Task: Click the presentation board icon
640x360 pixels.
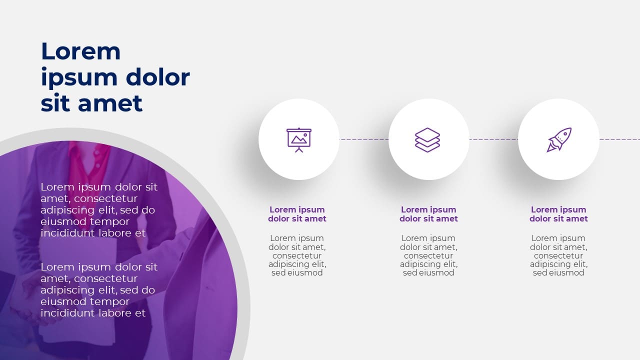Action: (298, 139)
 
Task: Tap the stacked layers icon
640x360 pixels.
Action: (427, 139)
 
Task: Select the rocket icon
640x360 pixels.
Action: (559, 139)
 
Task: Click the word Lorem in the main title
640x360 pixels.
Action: (80, 51)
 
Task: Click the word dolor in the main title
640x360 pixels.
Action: (157, 77)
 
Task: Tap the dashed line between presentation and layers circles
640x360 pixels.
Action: (364, 139)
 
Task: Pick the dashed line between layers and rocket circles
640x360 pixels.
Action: (493, 139)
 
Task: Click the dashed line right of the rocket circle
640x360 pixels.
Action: (620, 139)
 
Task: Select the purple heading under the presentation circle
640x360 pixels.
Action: (297, 214)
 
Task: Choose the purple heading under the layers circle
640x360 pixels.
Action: (428, 214)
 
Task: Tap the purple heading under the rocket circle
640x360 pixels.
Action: (558, 214)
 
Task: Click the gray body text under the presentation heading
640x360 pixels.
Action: (297, 255)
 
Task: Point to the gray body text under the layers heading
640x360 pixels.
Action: (428, 255)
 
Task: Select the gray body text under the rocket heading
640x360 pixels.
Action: (558, 255)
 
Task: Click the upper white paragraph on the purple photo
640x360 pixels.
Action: (98, 210)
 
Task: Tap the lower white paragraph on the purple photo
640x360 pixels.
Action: (98, 290)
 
